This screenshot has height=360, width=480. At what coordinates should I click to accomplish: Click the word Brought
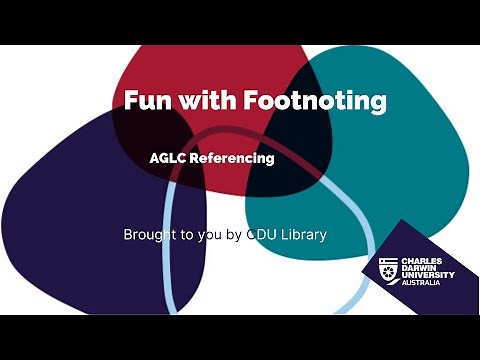coord(149,235)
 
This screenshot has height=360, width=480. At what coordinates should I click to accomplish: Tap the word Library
coord(306,235)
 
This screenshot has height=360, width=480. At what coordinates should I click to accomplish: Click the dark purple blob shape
coord(70,210)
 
